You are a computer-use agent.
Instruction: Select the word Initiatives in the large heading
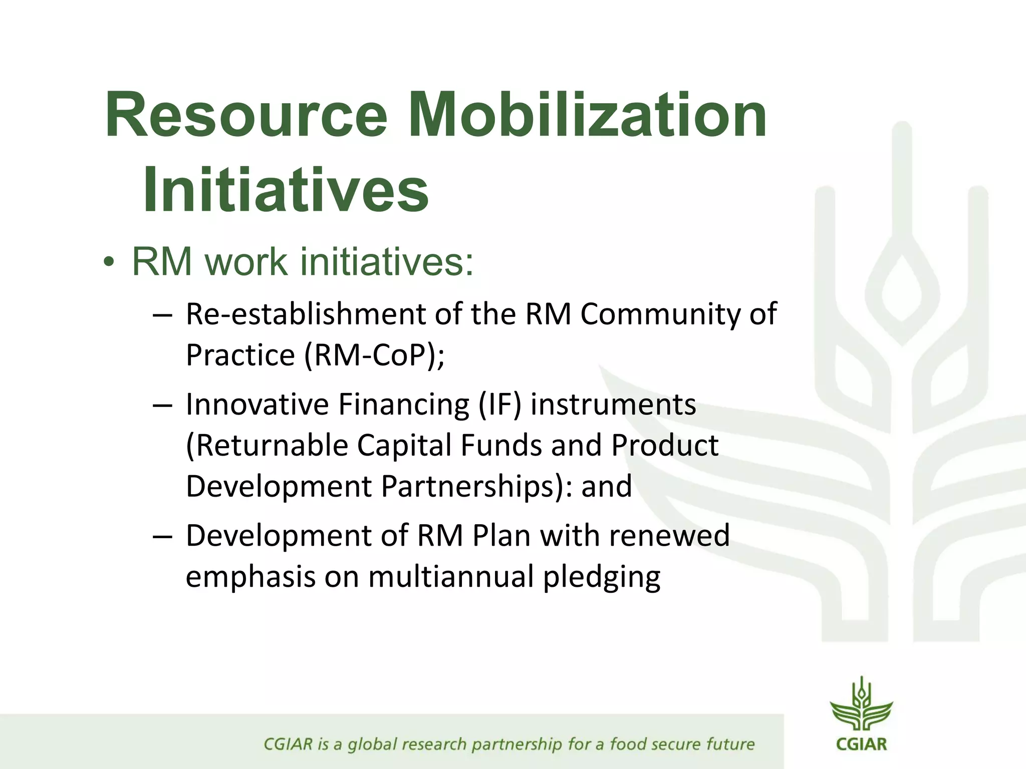(286, 190)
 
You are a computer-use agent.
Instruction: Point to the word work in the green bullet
(246, 261)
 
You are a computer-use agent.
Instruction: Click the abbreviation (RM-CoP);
(374, 355)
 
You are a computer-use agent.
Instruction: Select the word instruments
(613, 405)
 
